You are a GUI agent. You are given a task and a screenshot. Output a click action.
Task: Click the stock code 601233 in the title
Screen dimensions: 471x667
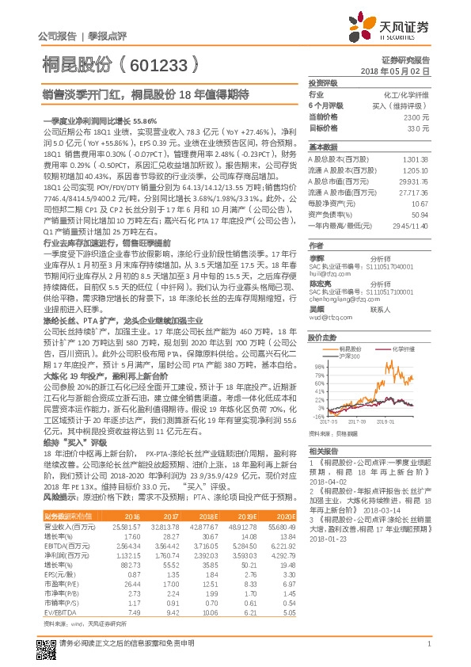[161, 66]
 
